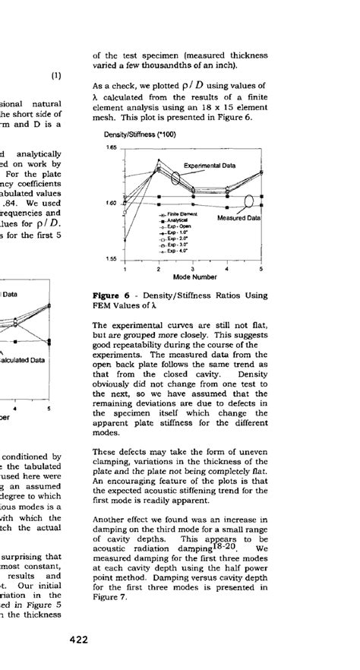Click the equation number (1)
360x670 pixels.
click(x=55, y=75)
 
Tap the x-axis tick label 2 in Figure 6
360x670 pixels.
click(x=158, y=269)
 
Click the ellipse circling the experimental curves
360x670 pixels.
click(x=176, y=179)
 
